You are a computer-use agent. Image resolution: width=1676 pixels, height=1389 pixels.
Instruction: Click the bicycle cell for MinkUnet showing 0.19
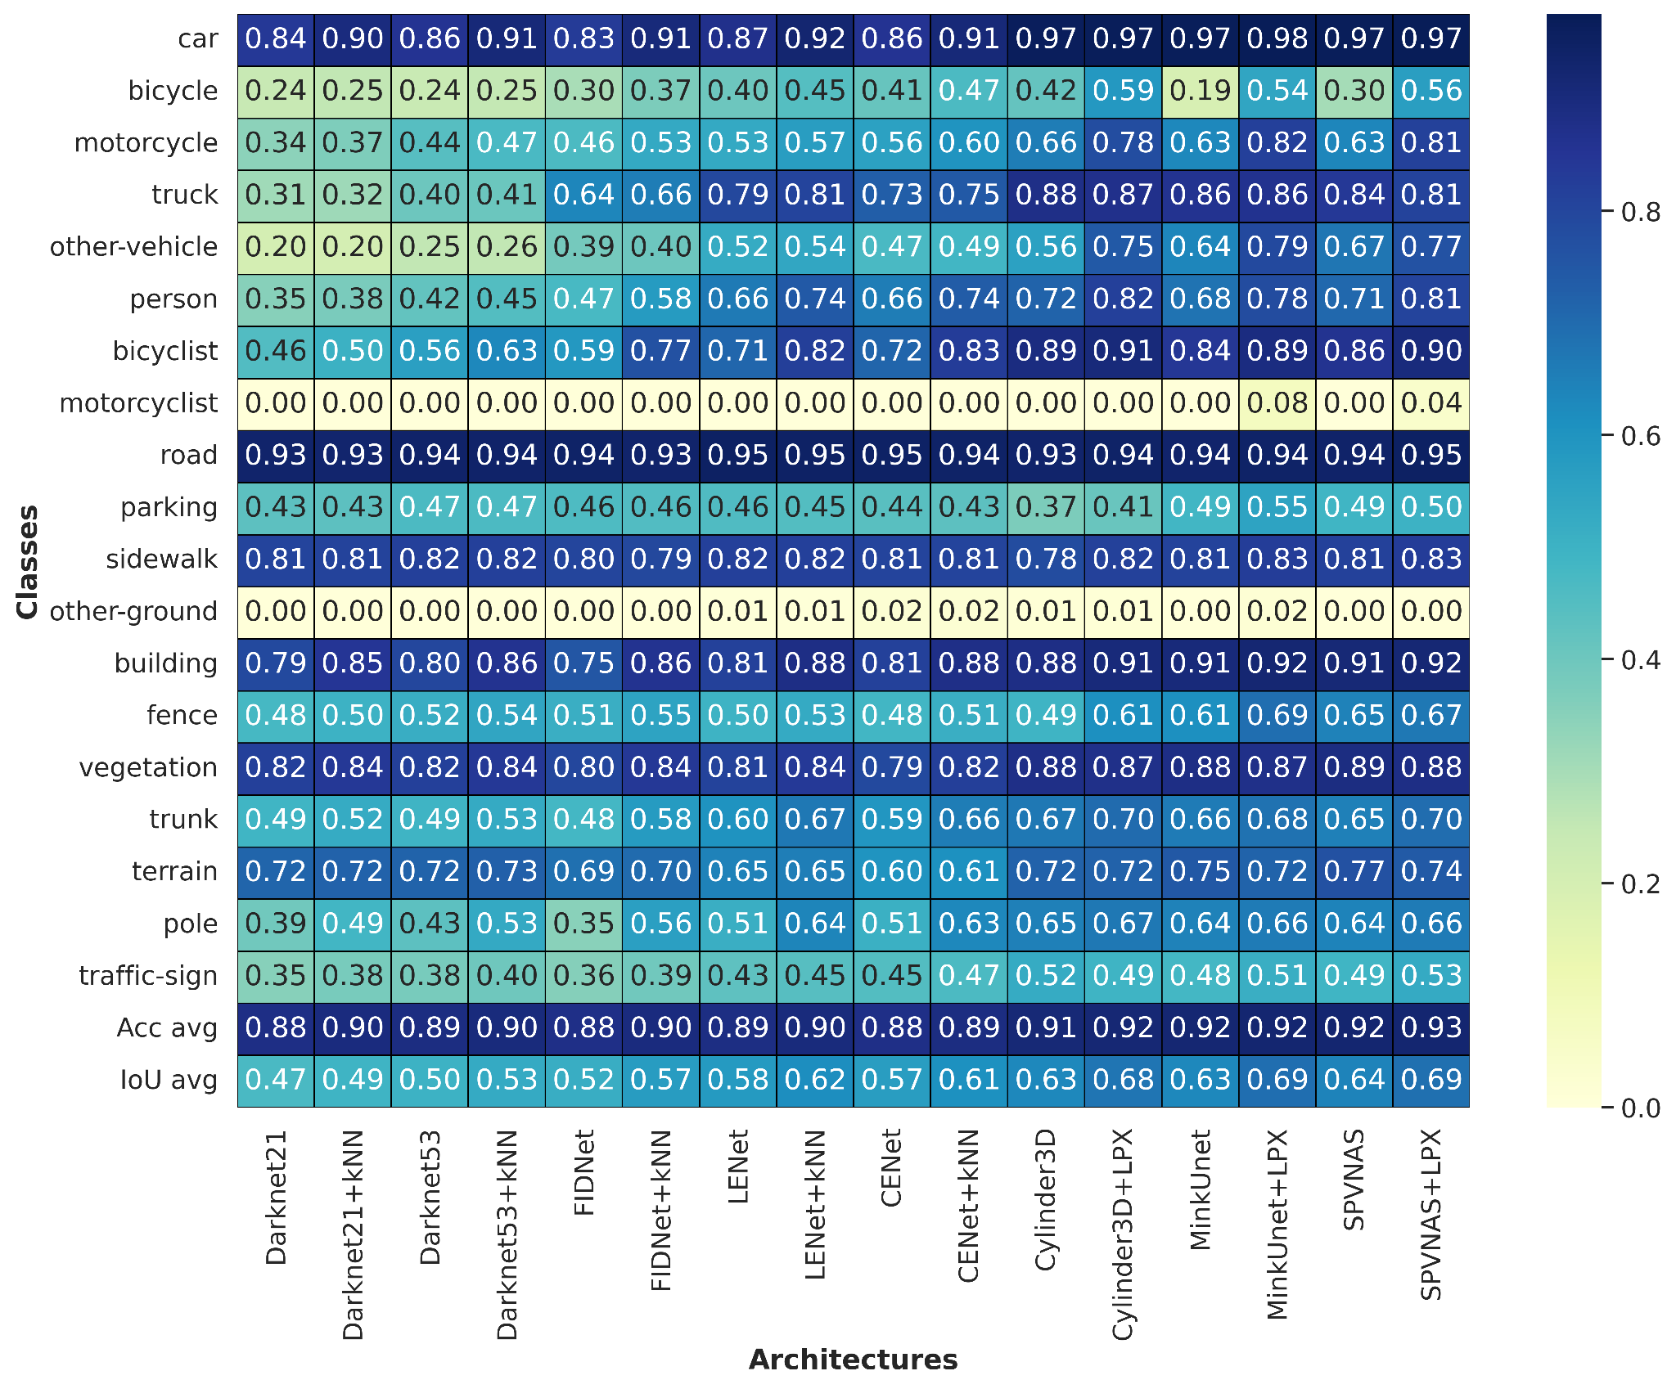point(1200,91)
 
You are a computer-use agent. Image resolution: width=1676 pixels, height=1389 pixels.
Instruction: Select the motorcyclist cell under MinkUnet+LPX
point(1277,403)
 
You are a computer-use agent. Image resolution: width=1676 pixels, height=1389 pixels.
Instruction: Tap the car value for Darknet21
point(276,39)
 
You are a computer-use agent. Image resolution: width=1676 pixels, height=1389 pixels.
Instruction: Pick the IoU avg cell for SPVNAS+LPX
point(1431,1081)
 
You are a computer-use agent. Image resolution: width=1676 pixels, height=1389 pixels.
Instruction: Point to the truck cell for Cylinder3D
point(1046,196)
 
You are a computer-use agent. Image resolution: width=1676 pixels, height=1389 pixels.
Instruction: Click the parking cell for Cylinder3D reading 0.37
point(1046,508)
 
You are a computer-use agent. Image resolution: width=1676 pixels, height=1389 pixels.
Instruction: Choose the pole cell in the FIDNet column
point(584,924)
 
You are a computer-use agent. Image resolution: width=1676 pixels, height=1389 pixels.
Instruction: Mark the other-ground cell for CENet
point(892,612)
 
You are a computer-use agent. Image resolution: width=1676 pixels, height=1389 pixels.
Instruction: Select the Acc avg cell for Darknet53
point(430,1028)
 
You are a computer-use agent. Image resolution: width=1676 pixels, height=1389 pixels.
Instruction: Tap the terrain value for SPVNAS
point(1354,872)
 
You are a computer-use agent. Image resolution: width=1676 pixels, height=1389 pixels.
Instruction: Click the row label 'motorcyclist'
point(139,403)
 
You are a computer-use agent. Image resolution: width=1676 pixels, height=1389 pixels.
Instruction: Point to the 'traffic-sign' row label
point(148,976)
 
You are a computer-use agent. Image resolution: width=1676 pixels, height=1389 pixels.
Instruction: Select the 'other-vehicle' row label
point(134,247)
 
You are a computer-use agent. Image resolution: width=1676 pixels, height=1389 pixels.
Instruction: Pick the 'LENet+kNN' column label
point(815,1204)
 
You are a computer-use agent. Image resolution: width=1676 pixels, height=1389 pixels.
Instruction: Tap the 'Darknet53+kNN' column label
point(507,1235)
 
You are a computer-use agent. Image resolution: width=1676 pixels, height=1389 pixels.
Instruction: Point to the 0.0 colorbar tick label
point(1641,1108)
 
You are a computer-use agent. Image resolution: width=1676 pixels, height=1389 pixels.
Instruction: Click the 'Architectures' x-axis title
point(854,1360)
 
